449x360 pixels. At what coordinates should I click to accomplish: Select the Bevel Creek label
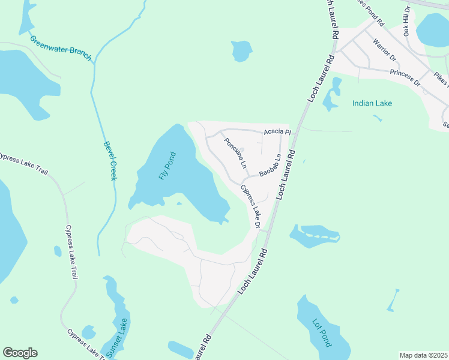[x=109, y=161]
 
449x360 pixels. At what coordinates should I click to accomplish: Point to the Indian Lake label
[x=372, y=103]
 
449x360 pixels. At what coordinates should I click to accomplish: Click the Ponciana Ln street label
[x=235, y=154]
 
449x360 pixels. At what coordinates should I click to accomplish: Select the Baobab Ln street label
[x=270, y=167]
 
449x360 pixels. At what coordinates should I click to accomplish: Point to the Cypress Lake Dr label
[x=251, y=207]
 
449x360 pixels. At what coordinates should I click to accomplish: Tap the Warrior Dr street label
[x=385, y=50]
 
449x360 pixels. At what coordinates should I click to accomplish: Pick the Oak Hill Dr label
[x=407, y=21]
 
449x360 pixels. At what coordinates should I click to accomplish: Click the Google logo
[x=20, y=353]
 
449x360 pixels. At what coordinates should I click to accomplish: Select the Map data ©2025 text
[x=423, y=355]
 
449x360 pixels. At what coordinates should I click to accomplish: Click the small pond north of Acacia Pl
[x=242, y=50]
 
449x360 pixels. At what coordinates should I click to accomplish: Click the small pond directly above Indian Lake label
[x=331, y=102]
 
